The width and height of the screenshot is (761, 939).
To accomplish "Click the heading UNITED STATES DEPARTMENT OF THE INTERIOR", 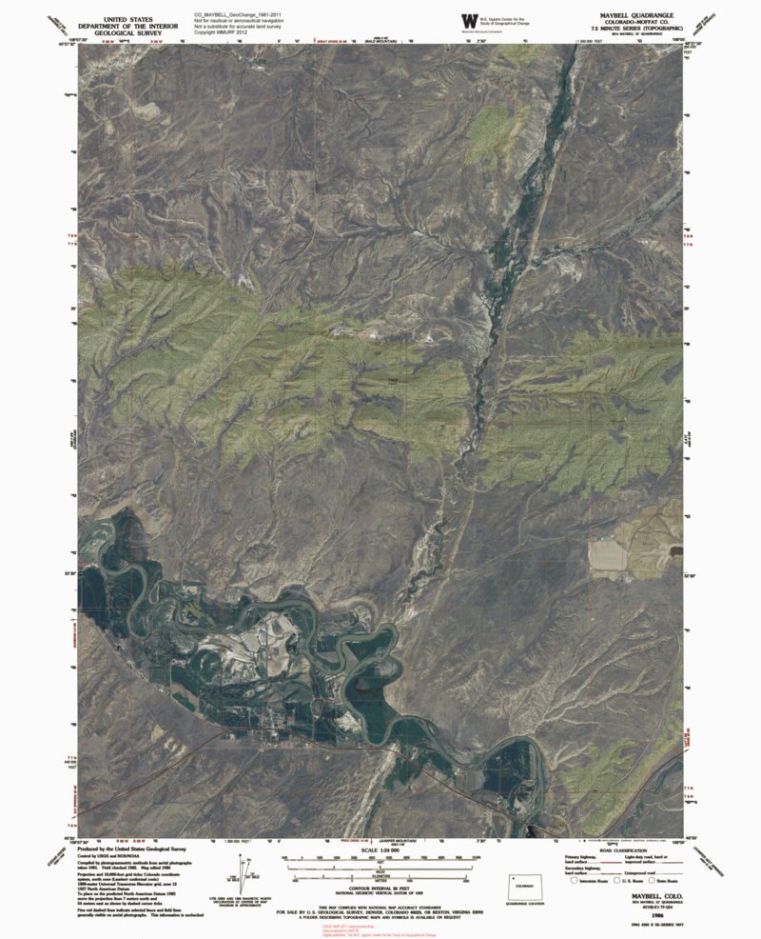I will (130, 24).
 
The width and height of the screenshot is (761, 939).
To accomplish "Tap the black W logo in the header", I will (468, 21).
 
